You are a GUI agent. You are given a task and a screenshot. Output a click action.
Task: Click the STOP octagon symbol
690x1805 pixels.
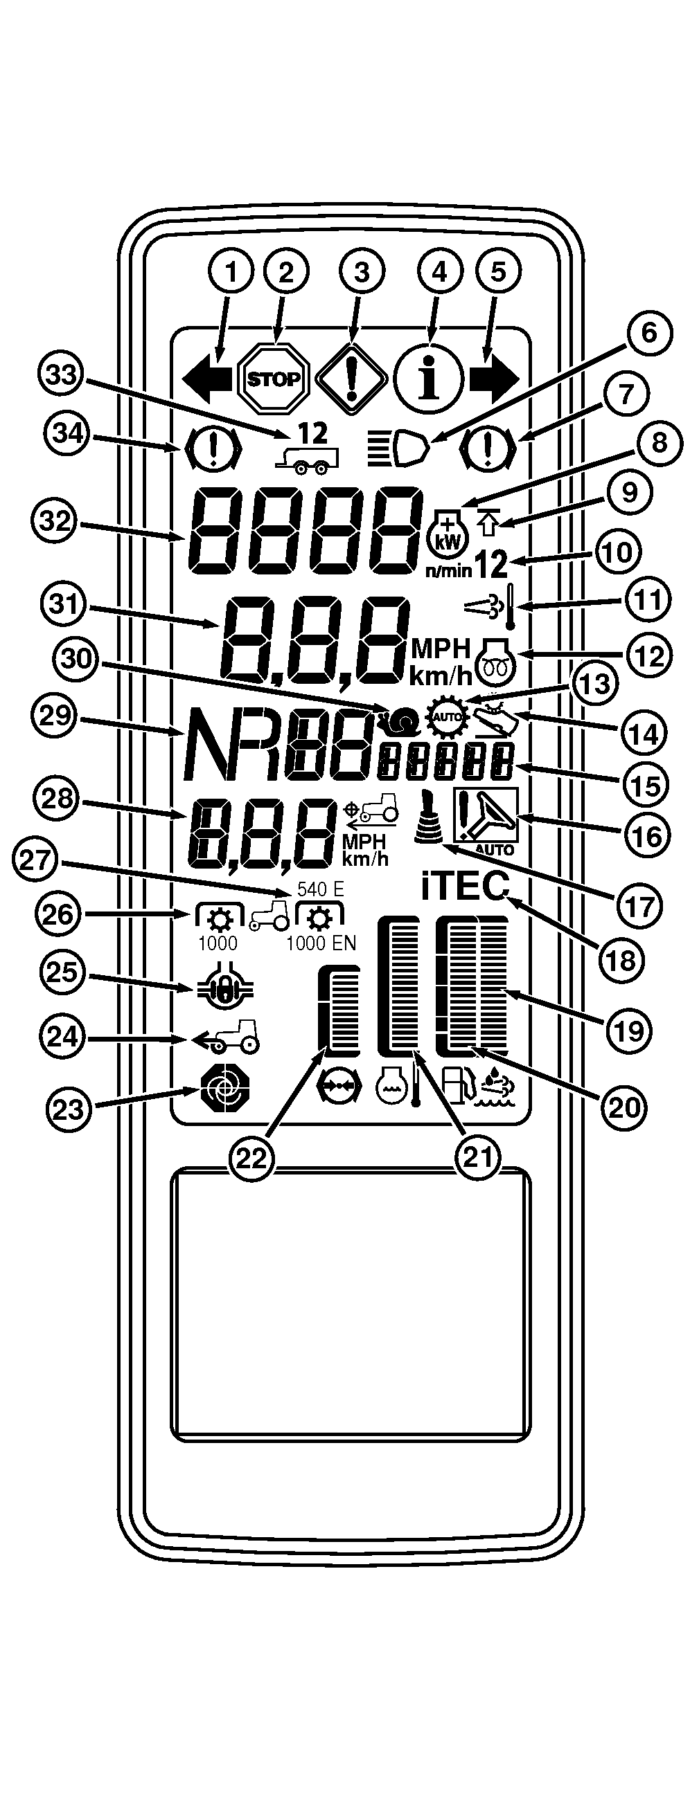pyautogui.click(x=274, y=379)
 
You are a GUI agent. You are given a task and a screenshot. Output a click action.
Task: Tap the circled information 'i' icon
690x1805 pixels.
pyautogui.click(x=427, y=379)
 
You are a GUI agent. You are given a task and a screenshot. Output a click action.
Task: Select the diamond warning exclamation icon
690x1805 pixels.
pyautogui.click(x=351, y=379)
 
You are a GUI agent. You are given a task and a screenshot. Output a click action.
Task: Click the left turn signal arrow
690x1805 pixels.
pyautogui.click(x=208, y=379)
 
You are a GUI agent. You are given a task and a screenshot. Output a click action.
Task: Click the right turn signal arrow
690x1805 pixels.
pyautogui.click(x=495, y=379)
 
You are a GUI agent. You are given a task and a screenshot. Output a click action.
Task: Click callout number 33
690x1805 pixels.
pyautogui.click(x=61, y=376)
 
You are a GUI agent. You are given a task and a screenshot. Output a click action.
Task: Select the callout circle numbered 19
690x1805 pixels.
pyautogui.click(x=628, y=1029)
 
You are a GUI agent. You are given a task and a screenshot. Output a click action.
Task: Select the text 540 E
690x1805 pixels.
pyautogui.click(x=321, y=889)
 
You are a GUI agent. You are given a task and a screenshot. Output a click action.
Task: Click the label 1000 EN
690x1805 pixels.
pyautogui.click(x=321, y=944)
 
